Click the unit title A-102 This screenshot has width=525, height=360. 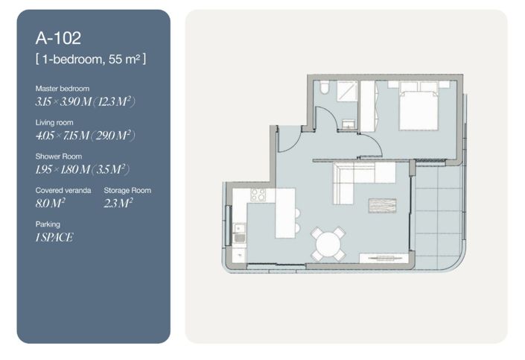(x=58, y=38)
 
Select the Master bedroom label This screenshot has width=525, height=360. (x=63, y=89)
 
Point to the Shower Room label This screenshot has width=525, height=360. (x=59, y=157)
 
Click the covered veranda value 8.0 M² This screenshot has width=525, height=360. (x=50, y=203)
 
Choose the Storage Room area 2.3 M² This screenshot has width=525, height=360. (x=118, y=203)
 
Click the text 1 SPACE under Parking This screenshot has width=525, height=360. (x=54, y=237)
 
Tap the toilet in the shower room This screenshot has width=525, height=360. (x=324, y=86)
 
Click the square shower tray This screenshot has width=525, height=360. (x=346, y=90)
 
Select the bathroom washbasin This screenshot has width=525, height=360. (x=349, y=124)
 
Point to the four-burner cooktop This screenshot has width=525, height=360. (x=258, y=195)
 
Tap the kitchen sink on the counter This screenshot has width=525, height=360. (x=239, y=233)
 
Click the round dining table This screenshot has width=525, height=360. (x=328, y=244)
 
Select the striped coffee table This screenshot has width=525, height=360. (x=382, y=206)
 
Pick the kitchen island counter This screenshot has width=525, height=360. (x=285, y=213)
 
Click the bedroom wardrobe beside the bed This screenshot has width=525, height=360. (x=368, y=107)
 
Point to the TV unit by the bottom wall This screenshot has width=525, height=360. (x=384, y=258)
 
